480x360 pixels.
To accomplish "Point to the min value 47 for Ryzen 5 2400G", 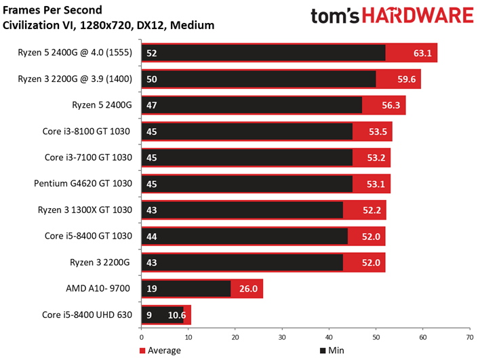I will tap(152, 105).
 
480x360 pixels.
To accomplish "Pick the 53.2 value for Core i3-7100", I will tap(376, 157).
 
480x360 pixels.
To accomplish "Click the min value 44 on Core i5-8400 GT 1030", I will tap(152, 235).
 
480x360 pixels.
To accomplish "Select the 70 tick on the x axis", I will tap(469, 336).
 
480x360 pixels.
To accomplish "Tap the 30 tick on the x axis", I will tap(281, 336).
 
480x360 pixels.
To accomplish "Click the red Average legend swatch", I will tap(144, 351).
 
